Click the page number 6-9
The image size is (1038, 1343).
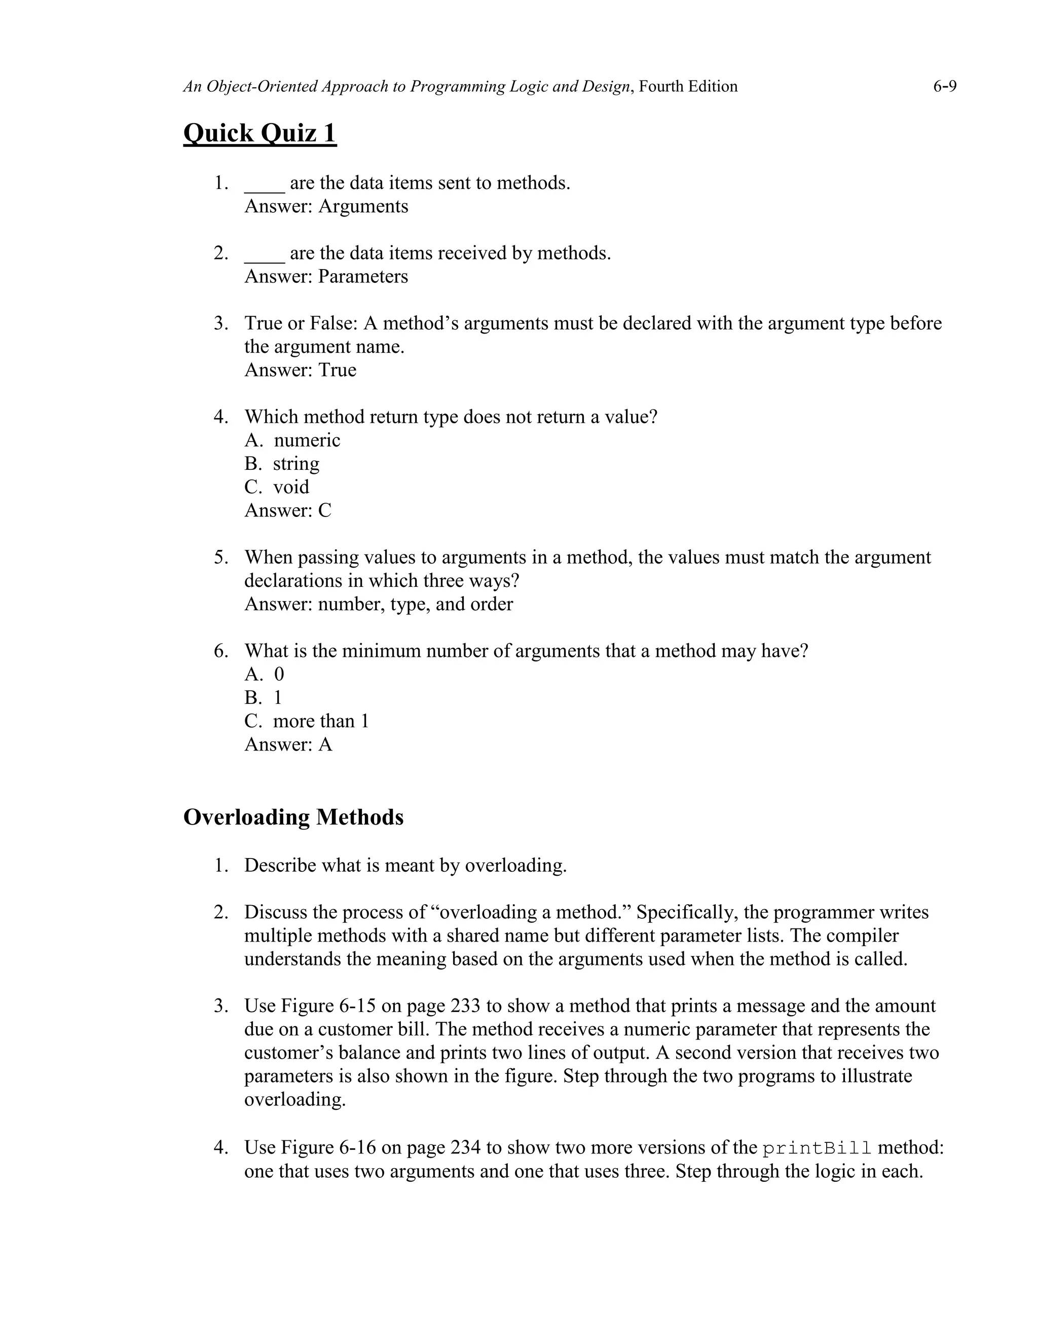click(x=944, y=87)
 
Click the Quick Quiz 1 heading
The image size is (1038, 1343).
click(x=259, y=133)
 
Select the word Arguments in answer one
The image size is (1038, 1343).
click(x=363, y=207)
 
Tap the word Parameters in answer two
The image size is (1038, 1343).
click(x=363, y=277)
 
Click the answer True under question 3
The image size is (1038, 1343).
click(x=337, y=370)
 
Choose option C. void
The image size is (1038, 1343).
click(x=277, y=487)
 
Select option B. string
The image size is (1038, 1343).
click(x=282, y=464)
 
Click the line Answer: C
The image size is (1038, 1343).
click(x=288, y=510)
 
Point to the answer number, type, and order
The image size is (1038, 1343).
click(x=415, y=605)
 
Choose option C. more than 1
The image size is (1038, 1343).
click(x=306, y=721)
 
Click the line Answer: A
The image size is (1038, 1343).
click(x=288, y=744)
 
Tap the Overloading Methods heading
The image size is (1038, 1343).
click(x=293, y=818)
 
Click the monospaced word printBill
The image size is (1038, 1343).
click(x=817, y=1148)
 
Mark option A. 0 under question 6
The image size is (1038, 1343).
click(x=265, y=675)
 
